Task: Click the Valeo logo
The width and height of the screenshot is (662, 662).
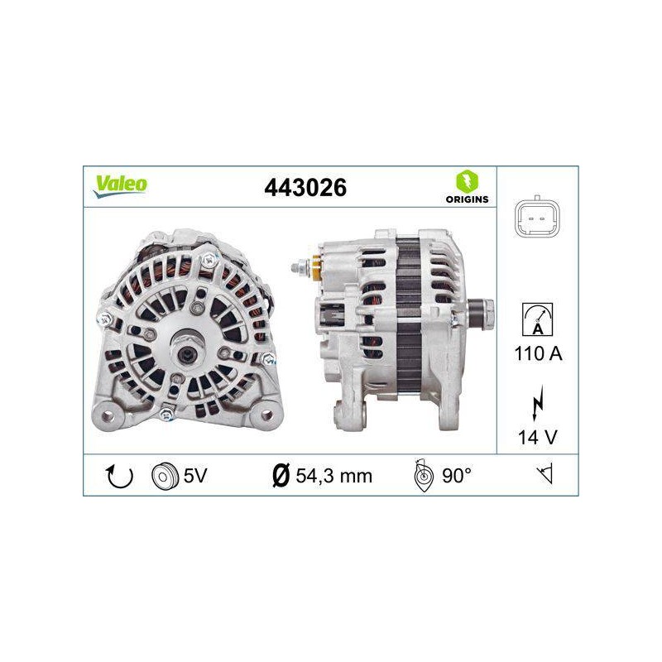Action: [x=120, y=186]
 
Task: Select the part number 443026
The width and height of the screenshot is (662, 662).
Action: [x=305, y=188]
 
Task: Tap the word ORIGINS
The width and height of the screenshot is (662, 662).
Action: [x=467, y=199]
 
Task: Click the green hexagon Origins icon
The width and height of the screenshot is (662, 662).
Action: [x=467, y=181]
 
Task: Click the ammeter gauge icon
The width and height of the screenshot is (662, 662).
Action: [x=537, y=319]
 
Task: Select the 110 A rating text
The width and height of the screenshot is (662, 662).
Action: [x=539, y=354]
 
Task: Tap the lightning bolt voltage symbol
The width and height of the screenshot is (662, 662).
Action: [x=537, y=403]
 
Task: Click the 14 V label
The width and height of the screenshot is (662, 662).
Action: [x=538, y=437]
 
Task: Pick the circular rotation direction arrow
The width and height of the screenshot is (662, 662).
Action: [x=119, y=477]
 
